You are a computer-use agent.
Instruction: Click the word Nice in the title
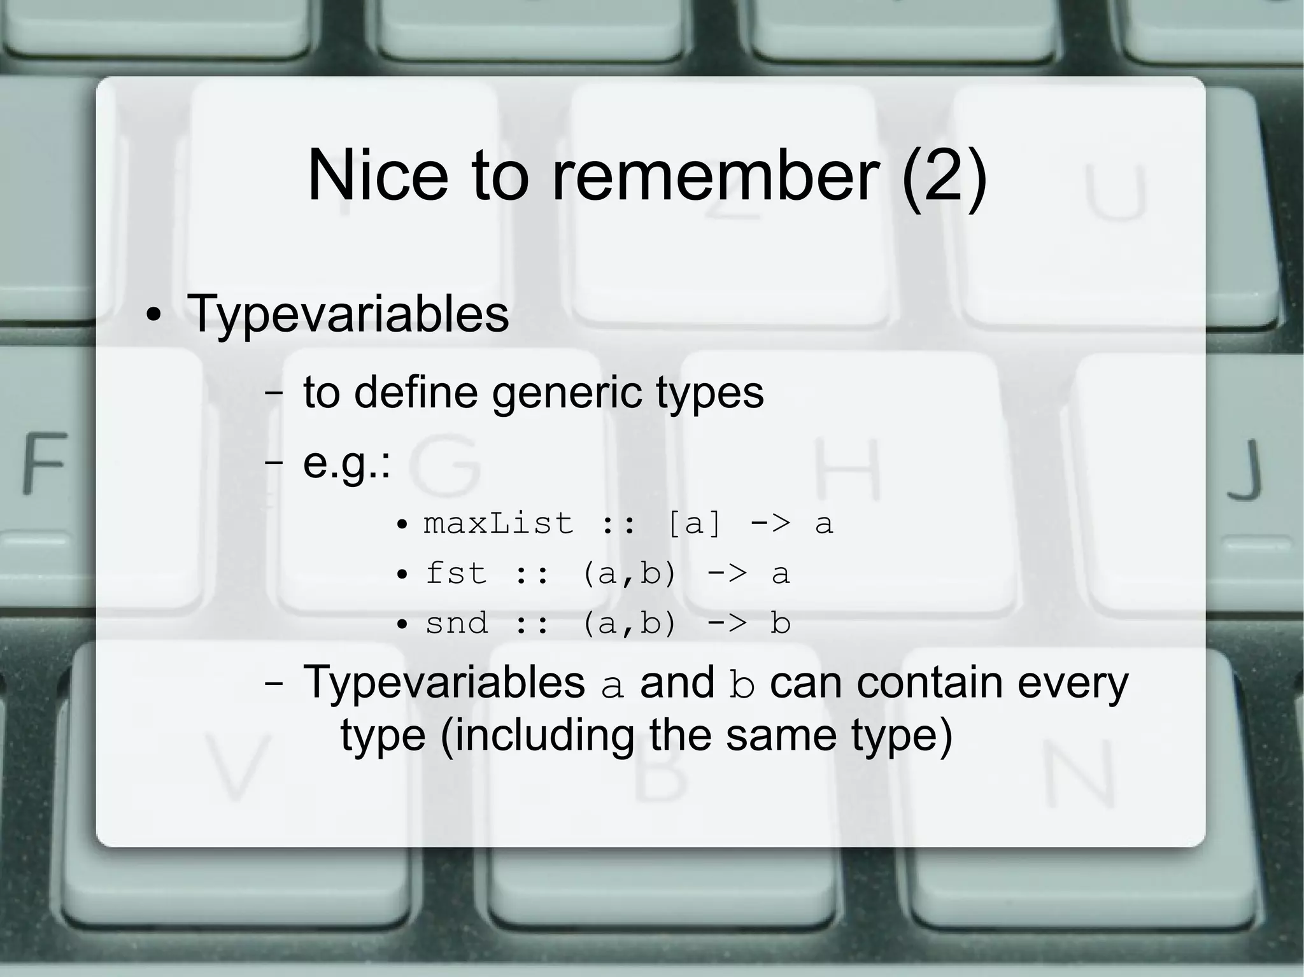click(378, 175)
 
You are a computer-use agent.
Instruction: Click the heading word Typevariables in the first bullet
click(348, 314)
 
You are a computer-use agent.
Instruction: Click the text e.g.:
click(346, 465)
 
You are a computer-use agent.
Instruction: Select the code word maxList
click(499, 524)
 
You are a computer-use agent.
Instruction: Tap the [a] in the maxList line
click(695, 524)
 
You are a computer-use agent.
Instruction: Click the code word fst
click(456, 573)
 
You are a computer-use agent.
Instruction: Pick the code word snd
click(457, 623)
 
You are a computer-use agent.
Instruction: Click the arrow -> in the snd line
click(727, 623)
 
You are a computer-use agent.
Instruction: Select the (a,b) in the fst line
click(628, 573)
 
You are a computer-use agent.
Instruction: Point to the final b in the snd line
click(781, 623)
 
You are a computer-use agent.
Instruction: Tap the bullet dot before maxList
click(402, 526)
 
